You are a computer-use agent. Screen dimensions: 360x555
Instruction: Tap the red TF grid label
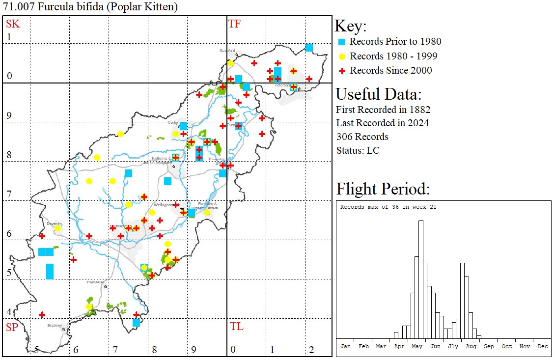pyautogui.click(x=234, y=24)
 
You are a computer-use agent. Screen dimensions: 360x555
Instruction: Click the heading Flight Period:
pyautogui.click(x=383, y=189)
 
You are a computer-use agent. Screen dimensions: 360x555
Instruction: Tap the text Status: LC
pyautogui.click(x=358, y=150)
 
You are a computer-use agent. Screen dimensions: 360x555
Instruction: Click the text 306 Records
pyautogui.click(x=362, y=137)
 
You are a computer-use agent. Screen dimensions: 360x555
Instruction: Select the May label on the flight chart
pyautogui.click(x=417, y=346)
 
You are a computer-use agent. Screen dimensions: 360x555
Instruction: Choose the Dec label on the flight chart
pyautogui.click(x=543, y=346)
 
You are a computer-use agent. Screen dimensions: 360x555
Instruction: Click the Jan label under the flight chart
pyautogui.click(x=345, y=346)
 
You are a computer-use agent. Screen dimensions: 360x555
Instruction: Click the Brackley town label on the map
pyautogui.click(x=54, y=325)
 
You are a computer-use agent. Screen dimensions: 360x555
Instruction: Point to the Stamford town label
pyautogui.click(x=227, y=51)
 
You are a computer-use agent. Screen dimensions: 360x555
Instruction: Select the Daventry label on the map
pyautogui.click(x=55, y=223)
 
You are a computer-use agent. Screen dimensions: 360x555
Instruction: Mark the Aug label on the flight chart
pyautogui.click(x=471, y=346)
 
